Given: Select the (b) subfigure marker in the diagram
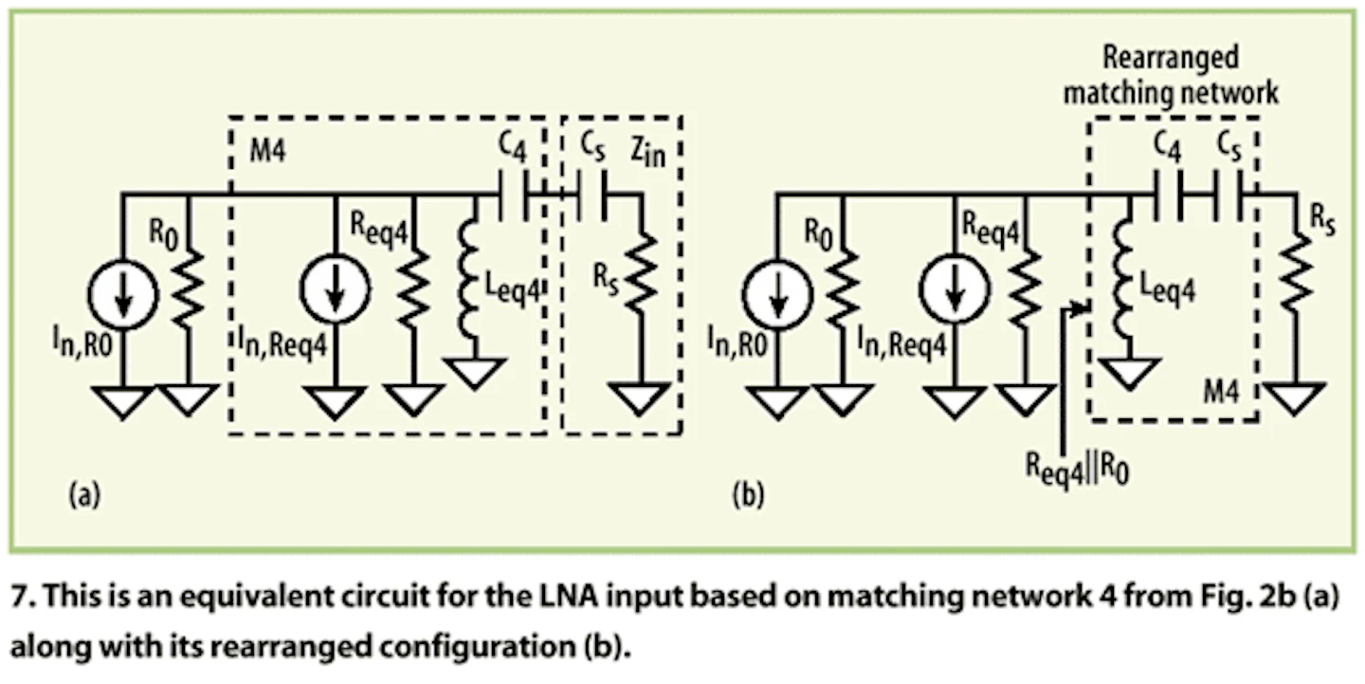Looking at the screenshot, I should tap(749, 495).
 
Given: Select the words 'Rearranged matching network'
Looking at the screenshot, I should tap(1170, 75).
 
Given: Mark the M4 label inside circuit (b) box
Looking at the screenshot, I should tap(1217, 390).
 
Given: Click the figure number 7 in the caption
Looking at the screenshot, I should tap(20, 601).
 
